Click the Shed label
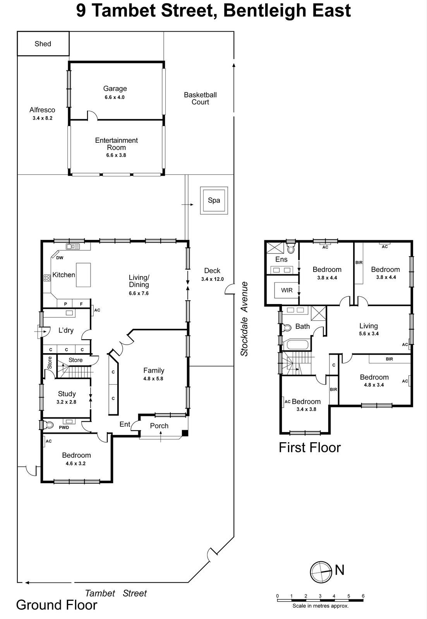tap(43, 44)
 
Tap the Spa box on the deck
tap(214, 200)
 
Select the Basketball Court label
tap(200, 98)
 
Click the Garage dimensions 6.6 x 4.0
tap(115, 97)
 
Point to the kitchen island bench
tap(84, 275)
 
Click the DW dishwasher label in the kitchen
tap(60, 258)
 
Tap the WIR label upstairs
tap(287, 290)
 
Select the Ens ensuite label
tap(281, 259)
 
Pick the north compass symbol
tap(321, 572)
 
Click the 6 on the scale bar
tap(363, 596)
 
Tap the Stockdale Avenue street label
tap(244, 319)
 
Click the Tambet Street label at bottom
tap(116, 593)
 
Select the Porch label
tap(159, 426)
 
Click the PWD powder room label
tap(64, 427)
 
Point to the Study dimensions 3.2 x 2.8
tap(66, 402)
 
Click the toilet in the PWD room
tap(48, 425)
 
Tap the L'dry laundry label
tap(66, 330)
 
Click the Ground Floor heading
tap(57, 605)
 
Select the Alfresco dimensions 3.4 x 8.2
tap(42, 118)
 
